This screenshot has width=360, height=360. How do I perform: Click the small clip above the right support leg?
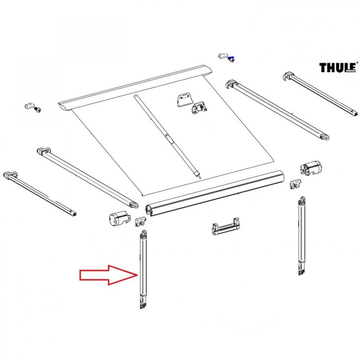pos(296,184)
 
